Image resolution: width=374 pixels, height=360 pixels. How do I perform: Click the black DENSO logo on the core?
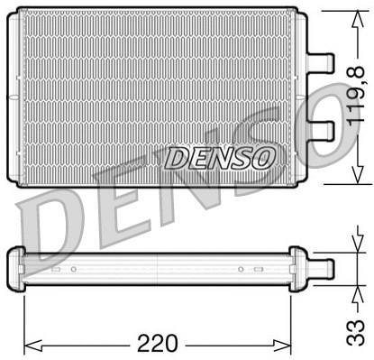219,158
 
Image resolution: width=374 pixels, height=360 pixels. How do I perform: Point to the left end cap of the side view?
15,267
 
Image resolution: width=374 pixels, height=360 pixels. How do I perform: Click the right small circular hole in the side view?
241,269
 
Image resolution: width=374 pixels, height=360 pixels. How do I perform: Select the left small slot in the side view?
56,269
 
